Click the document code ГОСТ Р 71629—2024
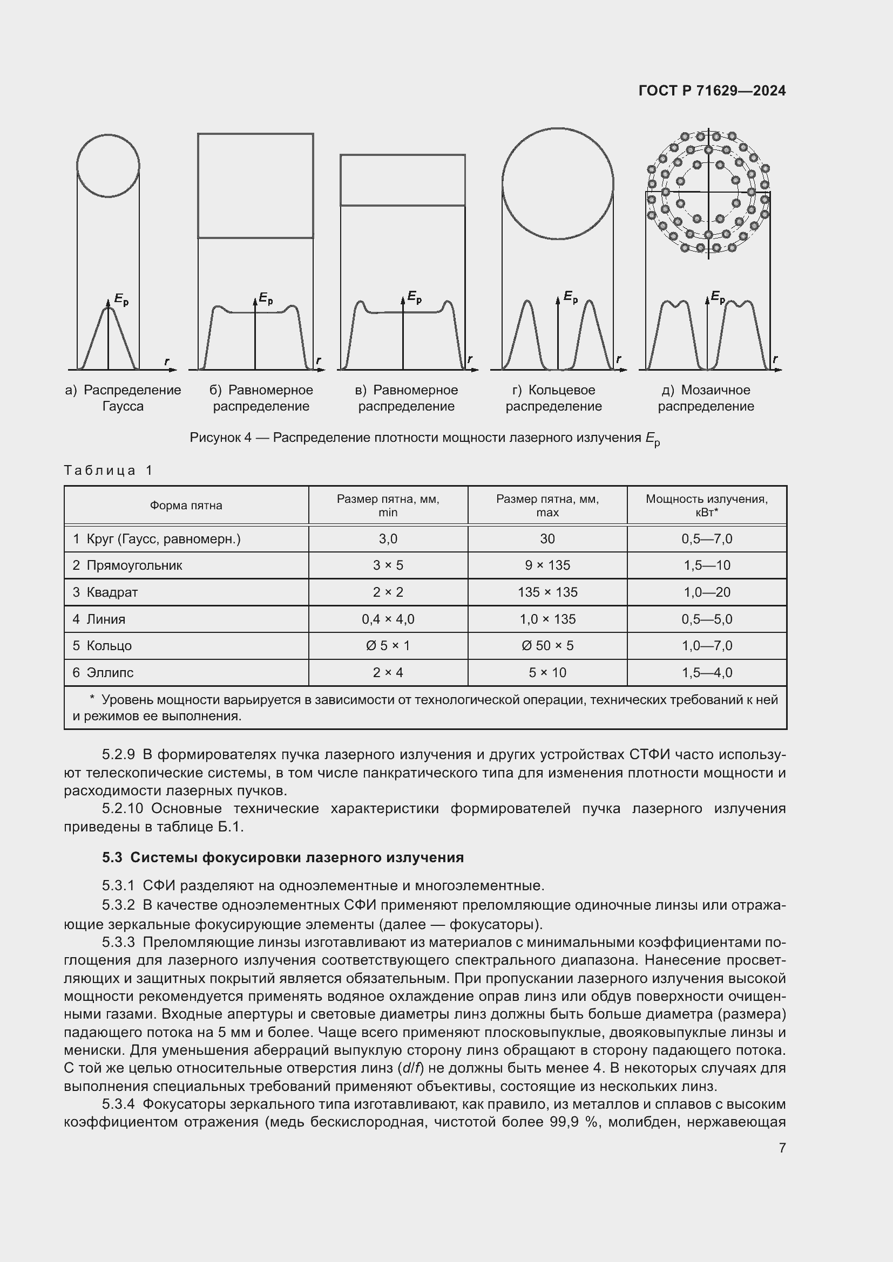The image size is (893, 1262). (712, 91)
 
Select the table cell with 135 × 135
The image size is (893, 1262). (547, 592)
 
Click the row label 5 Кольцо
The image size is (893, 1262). (102, 645)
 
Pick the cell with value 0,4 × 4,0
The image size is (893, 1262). (388, 619)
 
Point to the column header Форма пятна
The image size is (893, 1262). (186, 505)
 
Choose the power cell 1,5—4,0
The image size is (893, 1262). (707, 672)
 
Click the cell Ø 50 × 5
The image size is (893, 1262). (547, 645)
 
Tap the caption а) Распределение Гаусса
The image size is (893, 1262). (123, 398)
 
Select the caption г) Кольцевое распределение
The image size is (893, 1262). (553, 398)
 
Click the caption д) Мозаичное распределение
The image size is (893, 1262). (706, 398)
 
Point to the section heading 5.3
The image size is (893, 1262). (282, 857)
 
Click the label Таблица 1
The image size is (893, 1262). (109, 470)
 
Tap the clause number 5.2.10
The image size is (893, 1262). (122, 809)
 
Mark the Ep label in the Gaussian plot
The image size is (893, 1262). (121, 299)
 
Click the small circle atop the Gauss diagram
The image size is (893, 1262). (108, 165)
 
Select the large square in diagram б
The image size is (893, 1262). (255, 185)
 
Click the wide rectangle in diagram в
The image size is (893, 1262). (403, 180)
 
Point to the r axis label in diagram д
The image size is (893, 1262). (775, 359)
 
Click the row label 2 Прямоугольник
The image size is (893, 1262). (127, 565)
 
